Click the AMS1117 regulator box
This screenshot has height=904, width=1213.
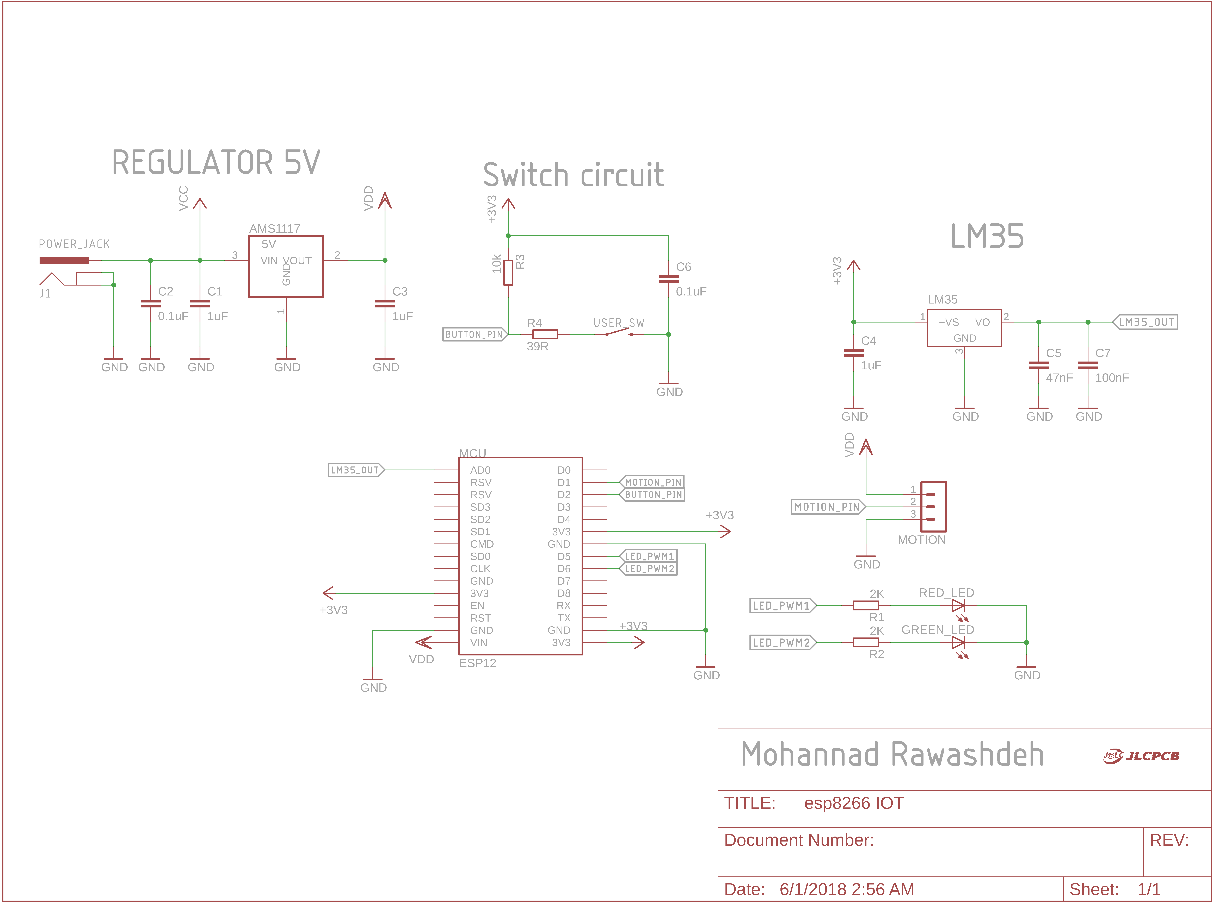286,267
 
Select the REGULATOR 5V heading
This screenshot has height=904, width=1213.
216,162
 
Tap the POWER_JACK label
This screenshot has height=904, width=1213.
74,244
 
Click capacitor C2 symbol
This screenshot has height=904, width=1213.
151,304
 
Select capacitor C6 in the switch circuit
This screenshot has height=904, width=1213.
669,279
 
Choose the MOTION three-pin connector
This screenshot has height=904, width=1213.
933,507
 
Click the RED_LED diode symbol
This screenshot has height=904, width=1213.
958,606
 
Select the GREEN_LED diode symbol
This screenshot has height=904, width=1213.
958,642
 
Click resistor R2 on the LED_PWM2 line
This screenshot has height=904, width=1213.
866,642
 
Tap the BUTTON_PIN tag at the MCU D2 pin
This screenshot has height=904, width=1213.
653,495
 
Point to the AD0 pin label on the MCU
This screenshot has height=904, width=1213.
480,470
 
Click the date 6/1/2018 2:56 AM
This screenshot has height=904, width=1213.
847,889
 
